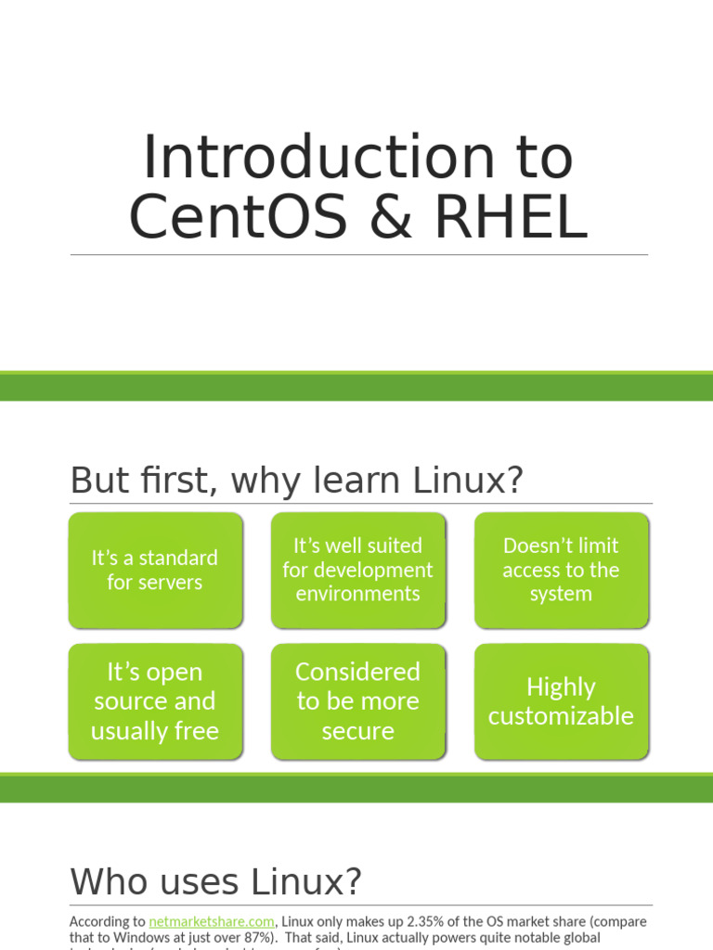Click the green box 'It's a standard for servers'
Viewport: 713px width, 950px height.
point(155,570)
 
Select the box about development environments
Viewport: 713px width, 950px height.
point(357,570)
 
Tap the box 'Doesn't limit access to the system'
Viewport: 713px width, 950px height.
point(561,570)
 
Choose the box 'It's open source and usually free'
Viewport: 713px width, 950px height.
point(155,701)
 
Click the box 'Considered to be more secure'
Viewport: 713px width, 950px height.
point(357,701)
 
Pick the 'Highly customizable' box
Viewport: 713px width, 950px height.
point(561,701)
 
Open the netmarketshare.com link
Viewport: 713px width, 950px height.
point(212,921)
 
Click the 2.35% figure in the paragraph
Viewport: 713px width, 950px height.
point(418,921)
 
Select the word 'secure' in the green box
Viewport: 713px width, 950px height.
point(357,731)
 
